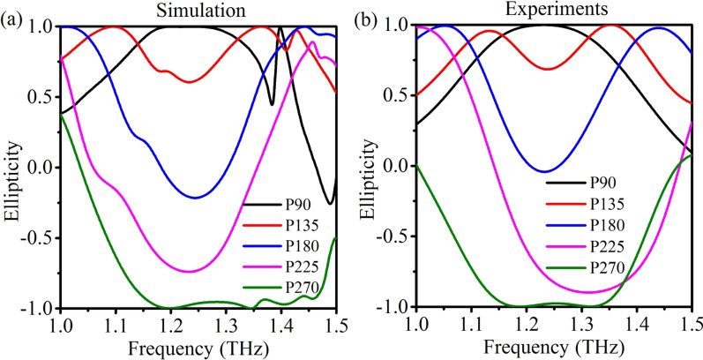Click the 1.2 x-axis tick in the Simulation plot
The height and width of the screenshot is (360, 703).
[170, 322]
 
